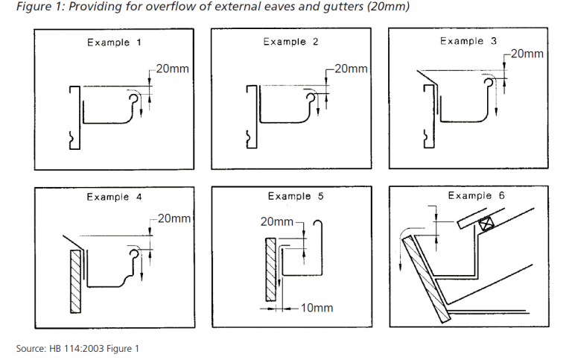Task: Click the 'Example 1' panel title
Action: [x=114, y=42]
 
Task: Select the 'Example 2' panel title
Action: [x=290, y=42]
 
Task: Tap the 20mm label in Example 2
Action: [x=352, y=69]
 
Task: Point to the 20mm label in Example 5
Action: [x=277, y=221]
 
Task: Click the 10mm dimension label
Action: [x=317, y=307]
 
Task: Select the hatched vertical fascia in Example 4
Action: [x=74, y=281]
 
